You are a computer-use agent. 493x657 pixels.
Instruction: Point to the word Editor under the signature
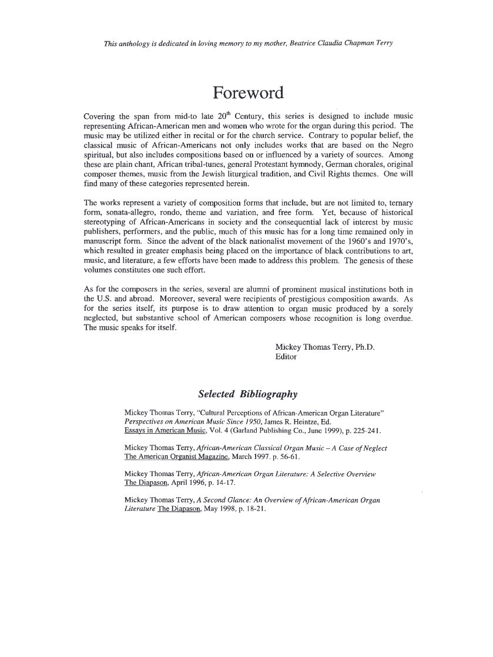pyautogui.click(x=286, y=356)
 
